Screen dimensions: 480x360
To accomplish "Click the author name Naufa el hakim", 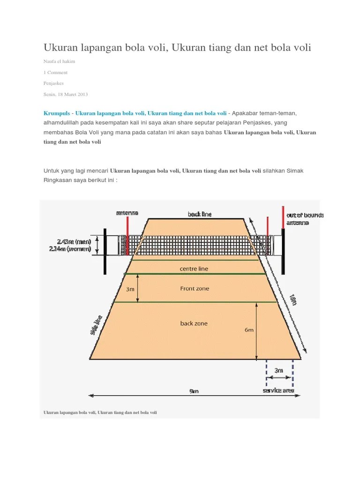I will [x=60, y=61].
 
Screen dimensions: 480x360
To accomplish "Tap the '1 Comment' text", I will [x=55, y=72].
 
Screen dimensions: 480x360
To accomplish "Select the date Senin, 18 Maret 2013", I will [x=66, y=94].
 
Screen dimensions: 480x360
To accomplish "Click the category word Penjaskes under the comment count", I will [x=53, y=83].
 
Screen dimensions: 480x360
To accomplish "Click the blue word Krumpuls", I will [x=57, y=113].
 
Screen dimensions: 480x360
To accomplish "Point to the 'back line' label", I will [x=200, y=214].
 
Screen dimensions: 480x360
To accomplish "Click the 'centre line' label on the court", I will [x=194, y=269].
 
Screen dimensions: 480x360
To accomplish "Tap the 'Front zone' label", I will [x=195, y=289].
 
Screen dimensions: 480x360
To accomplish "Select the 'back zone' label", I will [x=194, y=323].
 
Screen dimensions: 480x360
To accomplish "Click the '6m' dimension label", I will [x=249, y=330].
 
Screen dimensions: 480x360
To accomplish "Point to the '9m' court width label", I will [x=194, y=391].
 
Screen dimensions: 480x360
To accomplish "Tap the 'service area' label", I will [x=278, y=390].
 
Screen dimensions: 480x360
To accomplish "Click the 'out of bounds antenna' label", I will [x=304, y=219].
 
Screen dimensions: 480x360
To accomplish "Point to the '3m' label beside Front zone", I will [x=130, y=289].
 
